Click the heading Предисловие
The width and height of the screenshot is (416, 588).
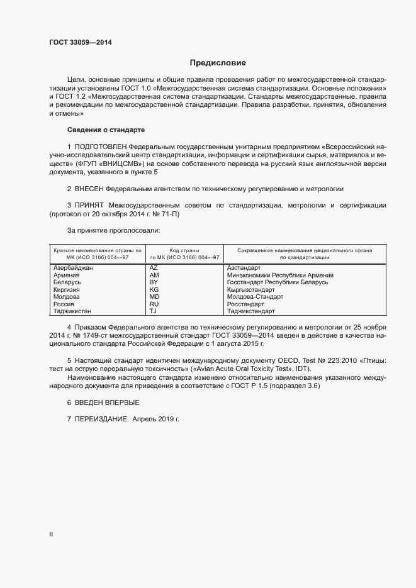coord(218,63)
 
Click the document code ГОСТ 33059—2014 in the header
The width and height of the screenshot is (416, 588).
coord(81,43)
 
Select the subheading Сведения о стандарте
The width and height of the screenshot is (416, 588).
coord(106,130)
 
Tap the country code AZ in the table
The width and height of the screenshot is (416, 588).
coord(154,267)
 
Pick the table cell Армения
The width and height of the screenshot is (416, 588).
coord(67,275)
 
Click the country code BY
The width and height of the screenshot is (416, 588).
coord(153,282)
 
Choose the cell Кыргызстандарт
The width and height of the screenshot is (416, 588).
coord(250,289)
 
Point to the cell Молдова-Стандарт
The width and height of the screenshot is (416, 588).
coord(256,297)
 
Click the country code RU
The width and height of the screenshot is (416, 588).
coord(154,304)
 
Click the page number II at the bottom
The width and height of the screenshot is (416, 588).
coord(51,535)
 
